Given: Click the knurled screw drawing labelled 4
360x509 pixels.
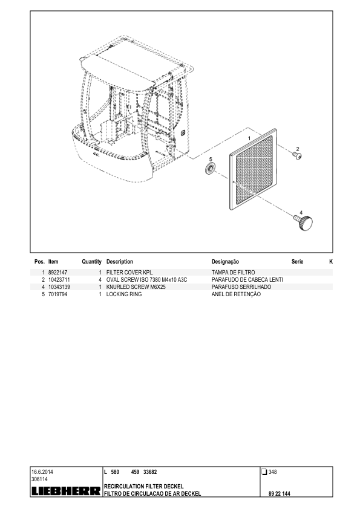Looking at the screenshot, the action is tap(304, 222).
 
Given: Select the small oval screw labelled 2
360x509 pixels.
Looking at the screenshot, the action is tap(297, 156).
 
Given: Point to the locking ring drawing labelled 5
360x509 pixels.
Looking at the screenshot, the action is tap(210, 169).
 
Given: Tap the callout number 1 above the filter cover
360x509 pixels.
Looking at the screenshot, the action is tap(249, 138).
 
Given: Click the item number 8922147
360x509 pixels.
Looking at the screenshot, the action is tap(57, 273).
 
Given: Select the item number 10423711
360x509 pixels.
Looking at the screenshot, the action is tap(59, 279).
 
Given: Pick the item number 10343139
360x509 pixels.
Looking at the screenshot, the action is tap(59, 287).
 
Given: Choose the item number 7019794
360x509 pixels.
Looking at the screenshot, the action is tap(57, 294).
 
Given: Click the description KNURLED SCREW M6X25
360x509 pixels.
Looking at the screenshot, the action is tap(136, 287).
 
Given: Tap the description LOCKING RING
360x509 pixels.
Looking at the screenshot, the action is tap(124, 294).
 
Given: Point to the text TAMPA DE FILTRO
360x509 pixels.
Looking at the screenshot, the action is tap(233, 273).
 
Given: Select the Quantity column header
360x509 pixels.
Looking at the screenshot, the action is tap(91, 262).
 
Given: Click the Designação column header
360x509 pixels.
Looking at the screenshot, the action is tap(225, 262).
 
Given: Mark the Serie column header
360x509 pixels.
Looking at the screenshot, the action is tap(297, 262).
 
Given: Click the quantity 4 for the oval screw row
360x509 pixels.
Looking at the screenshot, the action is tap(100, 279).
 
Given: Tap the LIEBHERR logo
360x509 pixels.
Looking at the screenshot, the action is tap(66, 491).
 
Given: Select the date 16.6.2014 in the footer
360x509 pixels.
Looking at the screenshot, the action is tap(42, 472).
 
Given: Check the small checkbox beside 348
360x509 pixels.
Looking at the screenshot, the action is tap(264, 472).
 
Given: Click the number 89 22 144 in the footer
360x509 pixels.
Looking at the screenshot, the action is tap(280, 494).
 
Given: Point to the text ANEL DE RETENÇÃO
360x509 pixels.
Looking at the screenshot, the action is tap(236, 294).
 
